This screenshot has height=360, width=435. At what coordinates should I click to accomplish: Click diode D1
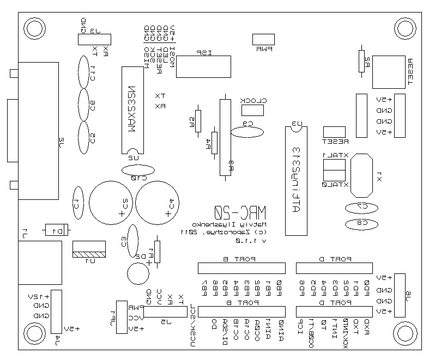pos(57,230)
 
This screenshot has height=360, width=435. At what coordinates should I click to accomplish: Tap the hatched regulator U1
pos(89,250)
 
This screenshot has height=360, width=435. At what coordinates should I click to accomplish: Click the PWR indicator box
pos(263,39)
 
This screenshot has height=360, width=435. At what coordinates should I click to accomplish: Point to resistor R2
pos(361,61)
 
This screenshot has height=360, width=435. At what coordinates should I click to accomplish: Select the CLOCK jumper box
pos(252,110)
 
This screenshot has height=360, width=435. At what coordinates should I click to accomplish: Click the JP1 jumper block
pos(121,316)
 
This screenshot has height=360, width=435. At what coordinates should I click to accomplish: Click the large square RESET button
pos(388,71)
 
